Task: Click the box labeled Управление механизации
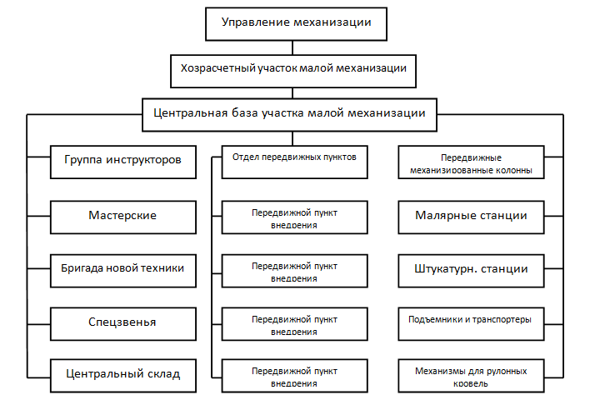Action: pos(296,23)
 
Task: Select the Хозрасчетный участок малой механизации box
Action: pos(293,71)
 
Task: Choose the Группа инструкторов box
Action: pos(123,162)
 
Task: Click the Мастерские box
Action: pos(123,217)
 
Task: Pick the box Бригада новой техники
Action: pos(123,271)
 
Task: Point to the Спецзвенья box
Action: pos(123,324)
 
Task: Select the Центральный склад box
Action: pos(123,376)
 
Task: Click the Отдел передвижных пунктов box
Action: pos(295,162)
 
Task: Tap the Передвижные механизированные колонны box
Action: pos(471,162)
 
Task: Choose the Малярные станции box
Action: pos(471,217)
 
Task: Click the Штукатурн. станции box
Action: pos(471,271)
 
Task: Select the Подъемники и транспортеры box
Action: pos(471,324)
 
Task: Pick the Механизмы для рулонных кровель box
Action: pos(471,376)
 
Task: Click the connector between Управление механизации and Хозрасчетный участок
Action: pos(292,47)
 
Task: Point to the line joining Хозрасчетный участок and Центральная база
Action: pos(292,93)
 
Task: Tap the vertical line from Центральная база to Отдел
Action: pos(292,138)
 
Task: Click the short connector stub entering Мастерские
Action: pos(39,216)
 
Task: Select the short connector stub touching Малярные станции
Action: pos(553,216)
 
